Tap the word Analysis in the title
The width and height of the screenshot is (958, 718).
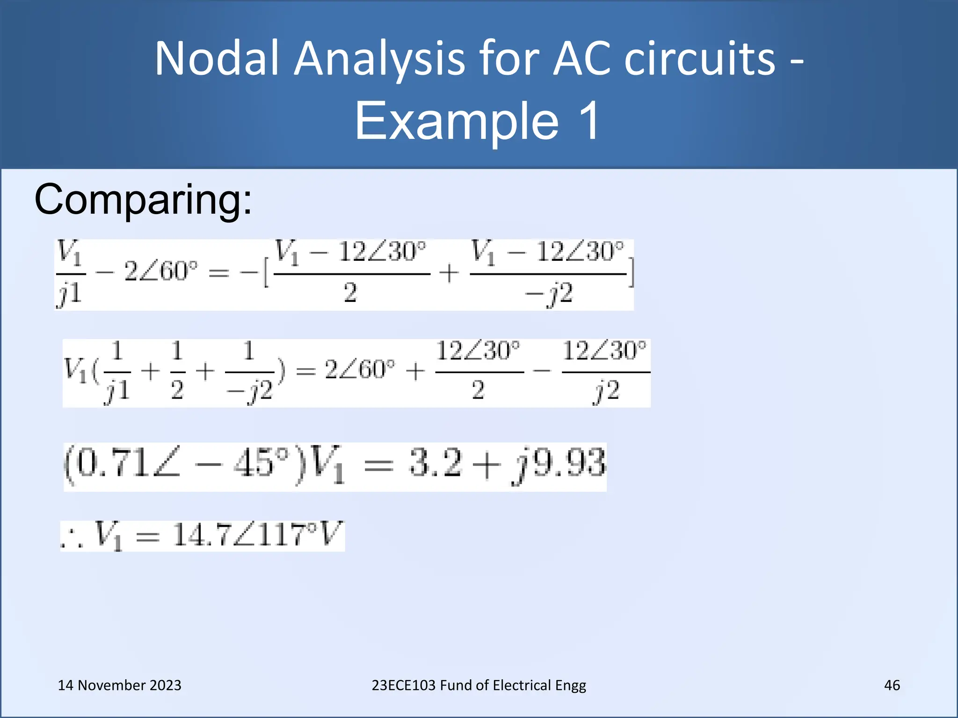(x=379, y=59)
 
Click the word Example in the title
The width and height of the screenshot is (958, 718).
(x=457, y=121)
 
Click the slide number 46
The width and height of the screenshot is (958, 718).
(x=892, y=685)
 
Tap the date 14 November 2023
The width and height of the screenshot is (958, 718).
(x=119, y=685)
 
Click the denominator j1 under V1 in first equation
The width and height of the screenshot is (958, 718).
(x=70, y=294)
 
